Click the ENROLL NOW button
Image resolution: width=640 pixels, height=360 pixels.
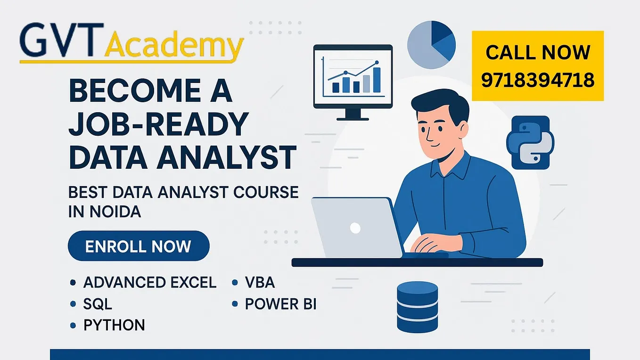click(x=138, y=246)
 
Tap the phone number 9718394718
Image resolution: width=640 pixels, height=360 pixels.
click(x=538, y=81)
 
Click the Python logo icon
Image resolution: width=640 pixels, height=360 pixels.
click(x=530, y=142)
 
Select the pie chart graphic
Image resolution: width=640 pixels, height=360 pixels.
click(x=431, y=45)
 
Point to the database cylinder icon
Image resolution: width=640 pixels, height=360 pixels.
click(x=417, y=307)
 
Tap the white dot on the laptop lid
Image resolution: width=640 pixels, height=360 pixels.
click(x=355, y=229)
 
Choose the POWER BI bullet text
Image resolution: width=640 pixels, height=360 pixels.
click(x=280, y=304)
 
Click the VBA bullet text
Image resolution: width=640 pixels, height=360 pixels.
click(x=260, y=283)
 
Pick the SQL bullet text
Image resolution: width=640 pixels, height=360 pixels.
click(x=98, y=304)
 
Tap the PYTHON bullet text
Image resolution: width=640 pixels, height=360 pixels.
click(x=114, y=325)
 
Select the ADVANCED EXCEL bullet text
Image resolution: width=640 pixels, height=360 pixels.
click(x=150, y=283)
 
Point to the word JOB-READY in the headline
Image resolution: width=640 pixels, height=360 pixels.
click(x=158, y=125)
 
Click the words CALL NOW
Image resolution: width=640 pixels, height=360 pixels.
click(x=538, y=52)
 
